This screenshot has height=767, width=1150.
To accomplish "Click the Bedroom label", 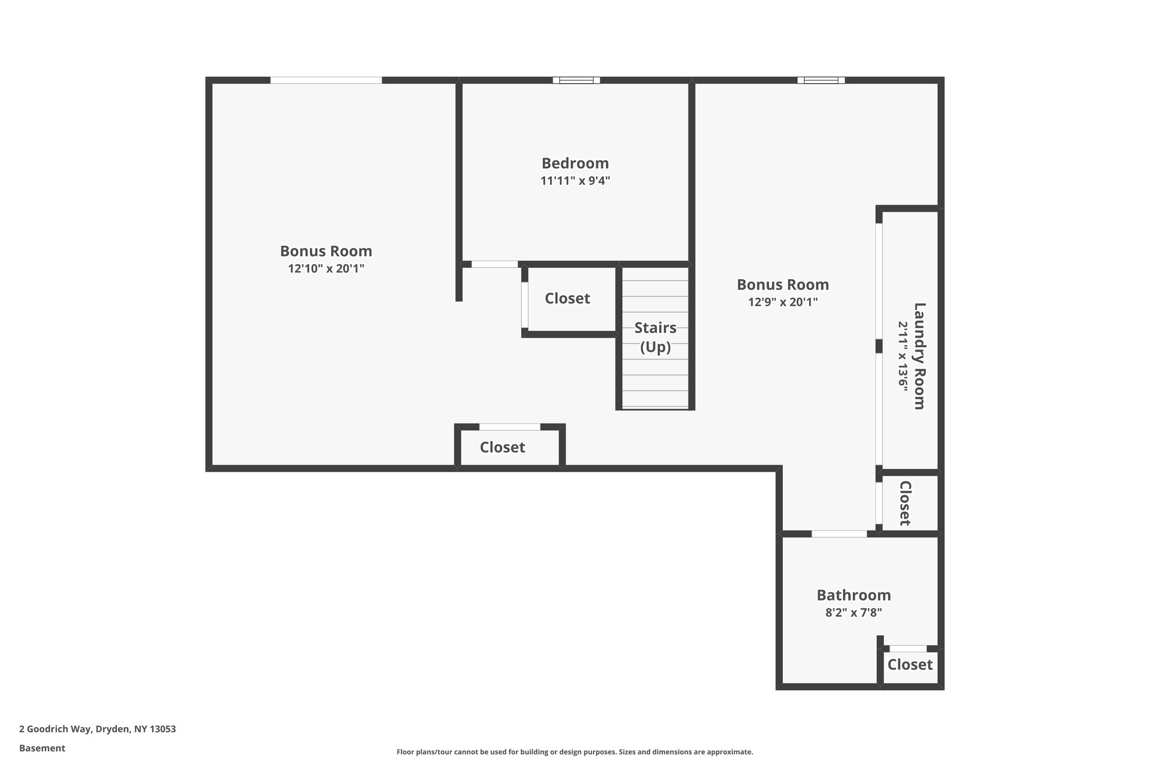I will [x=575, y=164].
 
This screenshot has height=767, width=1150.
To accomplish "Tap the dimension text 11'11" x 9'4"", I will [x=575, y=181].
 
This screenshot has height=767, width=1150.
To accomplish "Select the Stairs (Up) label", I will [x=655, y=337].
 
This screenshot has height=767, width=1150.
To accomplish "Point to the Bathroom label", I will [x=854, y=595].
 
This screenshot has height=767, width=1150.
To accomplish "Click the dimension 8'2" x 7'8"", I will [x=854, y=612].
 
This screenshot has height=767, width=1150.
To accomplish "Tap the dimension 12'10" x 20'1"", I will [x=326, y=269].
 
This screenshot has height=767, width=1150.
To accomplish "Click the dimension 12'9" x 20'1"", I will [x=783, y=302].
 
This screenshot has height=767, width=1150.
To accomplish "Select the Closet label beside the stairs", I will [x=567, y=298].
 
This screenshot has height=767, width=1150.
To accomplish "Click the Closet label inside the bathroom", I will [x=910, y=665].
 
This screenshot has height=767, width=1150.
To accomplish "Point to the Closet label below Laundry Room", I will [x=905, y=503].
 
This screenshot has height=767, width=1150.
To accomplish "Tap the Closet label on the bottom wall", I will [x=503, y=447].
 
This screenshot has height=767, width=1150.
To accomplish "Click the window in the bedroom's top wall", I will [x=576, y=80].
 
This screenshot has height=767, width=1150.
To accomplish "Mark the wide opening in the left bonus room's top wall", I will [x=326, y=80].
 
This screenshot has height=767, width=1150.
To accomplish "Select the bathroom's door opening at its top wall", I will [x=839, y=534].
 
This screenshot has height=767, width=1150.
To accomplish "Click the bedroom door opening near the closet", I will [x=494, y=264].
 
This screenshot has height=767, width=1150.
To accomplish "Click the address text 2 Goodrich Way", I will [x=97, y=729].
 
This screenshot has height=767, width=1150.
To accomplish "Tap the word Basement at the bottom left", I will [x=42, y=748].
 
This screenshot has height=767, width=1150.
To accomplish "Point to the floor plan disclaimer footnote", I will [x=574, y=752].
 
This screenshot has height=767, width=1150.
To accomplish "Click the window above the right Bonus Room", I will [x=821, y=80].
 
